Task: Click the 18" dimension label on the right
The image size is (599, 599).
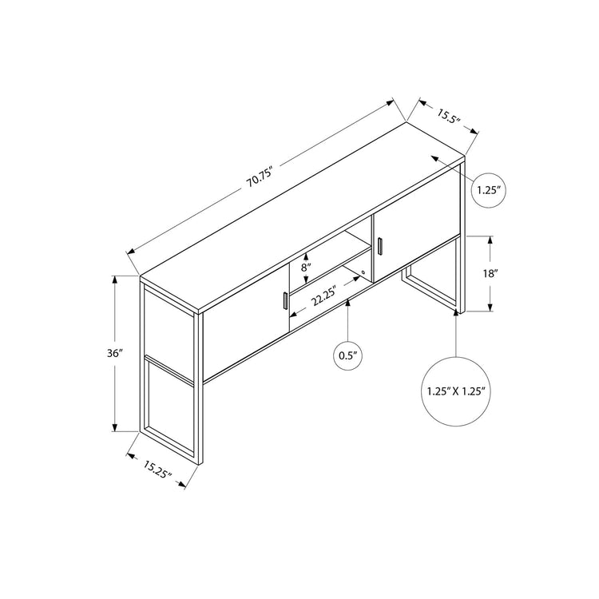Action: [490, 273]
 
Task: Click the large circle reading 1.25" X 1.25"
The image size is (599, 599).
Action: [456, 391]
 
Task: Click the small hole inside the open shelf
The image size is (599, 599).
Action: [364, 273]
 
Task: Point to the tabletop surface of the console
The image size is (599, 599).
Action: [303, 216]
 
